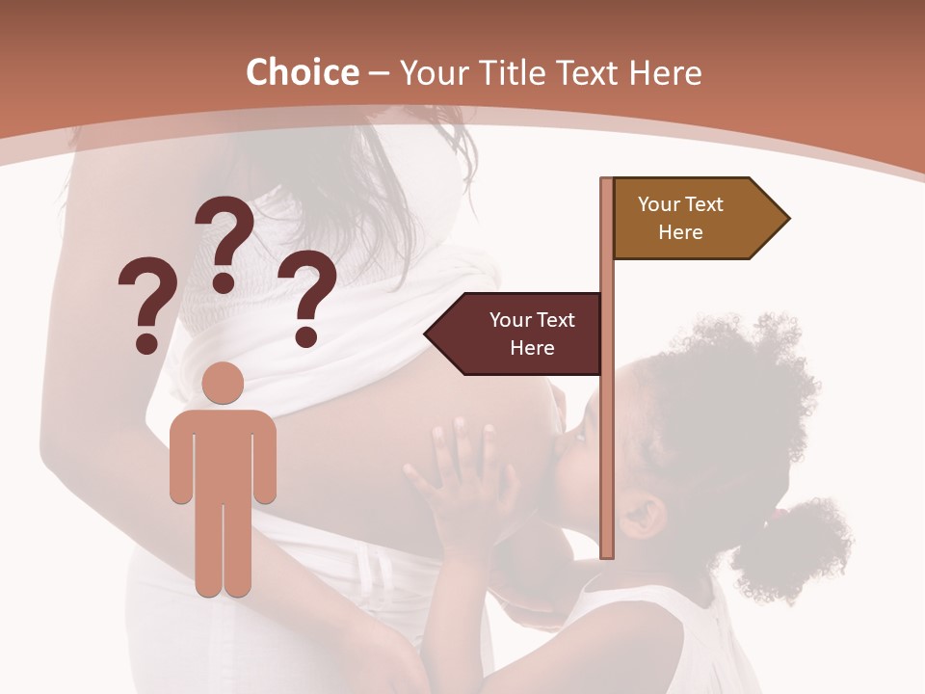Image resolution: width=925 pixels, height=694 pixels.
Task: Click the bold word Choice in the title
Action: tap(302, 72)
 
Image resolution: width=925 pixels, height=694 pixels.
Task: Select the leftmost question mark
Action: tap(145, 304)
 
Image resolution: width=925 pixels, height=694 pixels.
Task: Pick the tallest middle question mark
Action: tap(225, 243)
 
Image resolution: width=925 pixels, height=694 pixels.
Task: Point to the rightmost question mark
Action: tap(307, 297)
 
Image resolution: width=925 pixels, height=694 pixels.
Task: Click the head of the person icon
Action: tap(224, 383)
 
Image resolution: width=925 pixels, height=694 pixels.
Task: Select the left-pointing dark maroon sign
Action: tap(520, 334)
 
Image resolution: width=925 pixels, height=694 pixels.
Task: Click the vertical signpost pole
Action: tap(607, 434)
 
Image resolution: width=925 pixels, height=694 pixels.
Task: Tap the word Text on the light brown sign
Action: tap(706, 204)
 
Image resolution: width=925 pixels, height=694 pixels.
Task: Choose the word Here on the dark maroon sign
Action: tap(532, 348)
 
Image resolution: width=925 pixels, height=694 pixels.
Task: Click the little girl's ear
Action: tap(644, 516)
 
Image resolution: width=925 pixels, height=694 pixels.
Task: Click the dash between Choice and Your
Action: tap(379, 73)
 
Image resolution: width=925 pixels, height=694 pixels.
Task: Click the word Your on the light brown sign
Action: tap(659, 204)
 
